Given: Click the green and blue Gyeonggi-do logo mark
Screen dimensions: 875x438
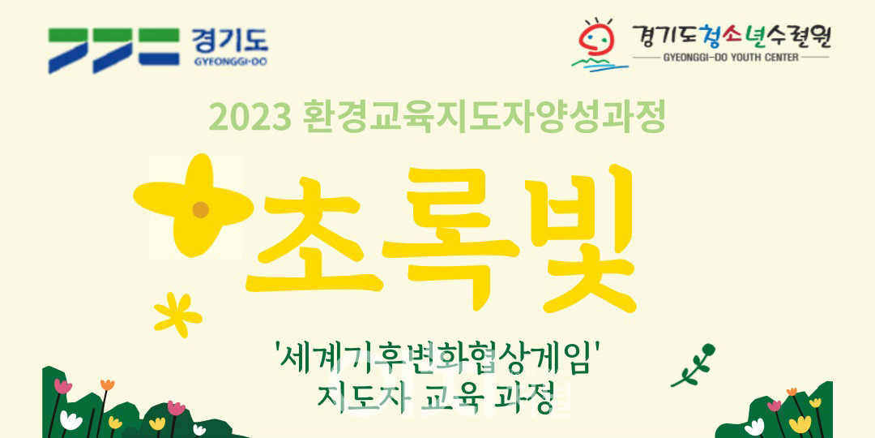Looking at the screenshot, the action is [114, 50].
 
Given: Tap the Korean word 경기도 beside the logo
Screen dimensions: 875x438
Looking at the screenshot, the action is [229, 41].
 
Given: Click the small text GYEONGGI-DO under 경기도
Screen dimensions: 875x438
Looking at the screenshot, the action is [230, 62].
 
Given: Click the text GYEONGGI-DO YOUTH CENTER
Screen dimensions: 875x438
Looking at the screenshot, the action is [731, 58].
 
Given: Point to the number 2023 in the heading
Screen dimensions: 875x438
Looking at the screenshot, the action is [250, 118].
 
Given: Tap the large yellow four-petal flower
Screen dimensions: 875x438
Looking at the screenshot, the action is [194, 205].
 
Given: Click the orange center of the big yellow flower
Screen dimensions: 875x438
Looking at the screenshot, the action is [200, 209].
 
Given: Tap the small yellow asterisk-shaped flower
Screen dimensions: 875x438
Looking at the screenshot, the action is [177, 315].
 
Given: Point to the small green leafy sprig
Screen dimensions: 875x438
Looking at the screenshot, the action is [693, 365].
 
